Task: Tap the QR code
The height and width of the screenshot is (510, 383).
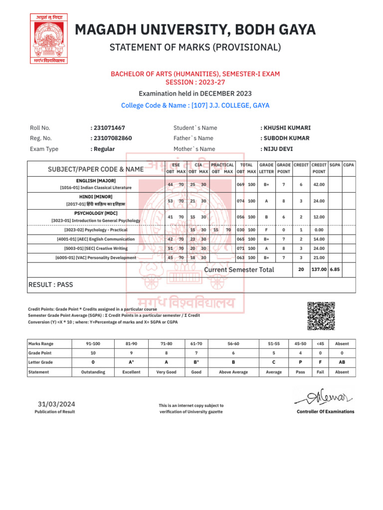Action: (320, 316)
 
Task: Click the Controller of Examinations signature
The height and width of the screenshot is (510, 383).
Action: (325, 398)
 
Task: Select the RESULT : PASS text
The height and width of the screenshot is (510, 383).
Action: (51, 285)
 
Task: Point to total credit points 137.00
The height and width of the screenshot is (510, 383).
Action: (319, 269)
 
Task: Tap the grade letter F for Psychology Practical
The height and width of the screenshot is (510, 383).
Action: (266, 230)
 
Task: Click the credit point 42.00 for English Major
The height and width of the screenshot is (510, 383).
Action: (319, 184)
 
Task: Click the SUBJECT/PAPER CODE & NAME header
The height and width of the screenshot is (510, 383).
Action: (95, 169)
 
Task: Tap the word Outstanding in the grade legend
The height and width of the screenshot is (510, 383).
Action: (93, 372)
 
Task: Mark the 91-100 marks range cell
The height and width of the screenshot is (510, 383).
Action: (93, 344)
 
